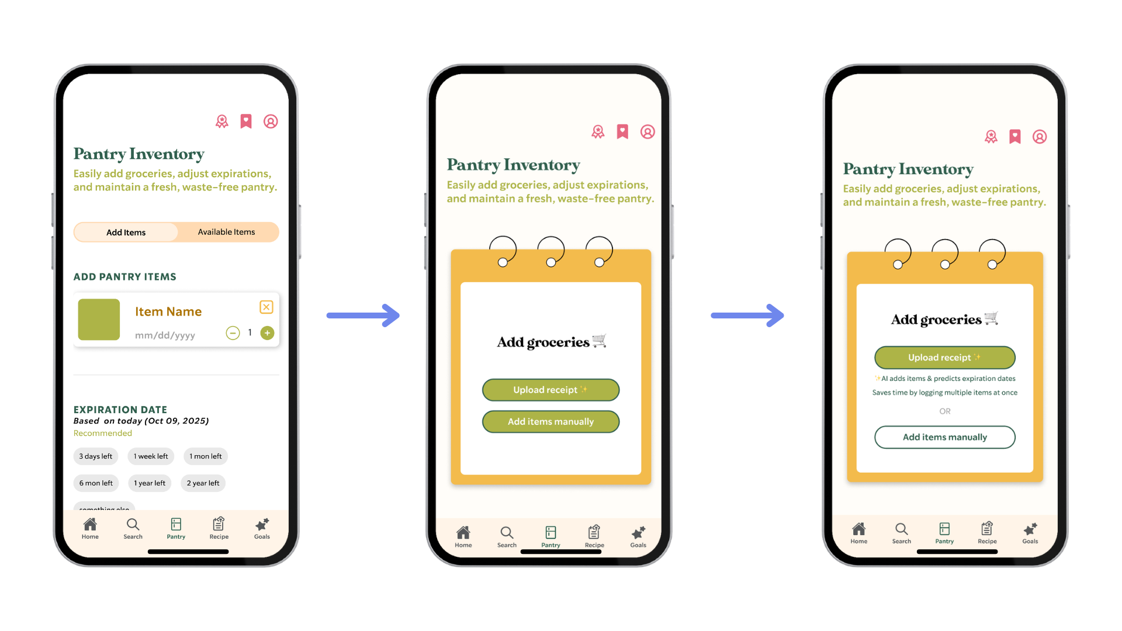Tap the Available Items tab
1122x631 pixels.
[x=227, y=232]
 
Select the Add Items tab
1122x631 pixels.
[x=126, y=232]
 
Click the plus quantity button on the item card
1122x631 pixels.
[x=267, y=333]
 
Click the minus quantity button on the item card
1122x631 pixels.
[x=233, y=333]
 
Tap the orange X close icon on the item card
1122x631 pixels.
[x=266, y=307]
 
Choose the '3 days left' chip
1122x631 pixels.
[x=96, y=456]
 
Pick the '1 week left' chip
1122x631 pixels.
[x=151, y=456]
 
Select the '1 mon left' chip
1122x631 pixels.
[x=206, y=456]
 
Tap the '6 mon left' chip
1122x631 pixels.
[x=96, y=483]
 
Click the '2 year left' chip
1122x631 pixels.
[x=203, y=483]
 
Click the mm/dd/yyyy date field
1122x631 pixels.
[x=165, y=335]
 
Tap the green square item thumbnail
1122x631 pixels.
[x=99, y=320]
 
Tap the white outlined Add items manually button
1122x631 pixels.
[x=944, y=437]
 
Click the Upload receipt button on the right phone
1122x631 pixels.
[x=944, y=358]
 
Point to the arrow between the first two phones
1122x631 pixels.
[x=362, y=315]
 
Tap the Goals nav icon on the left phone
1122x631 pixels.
[x=262, y=528]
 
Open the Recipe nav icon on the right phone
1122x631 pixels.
[x=987, y=532]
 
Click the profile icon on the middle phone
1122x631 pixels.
[x=647, y=132]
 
